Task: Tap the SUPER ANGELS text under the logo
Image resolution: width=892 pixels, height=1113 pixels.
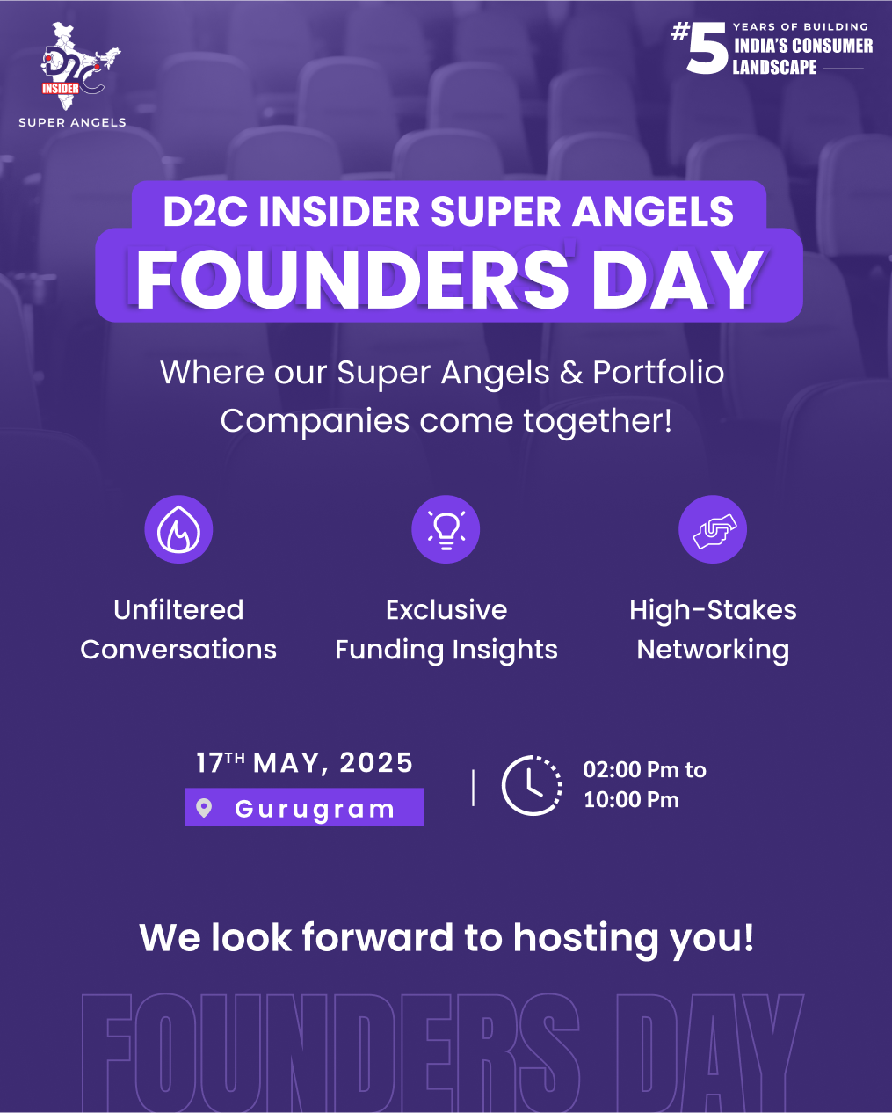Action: [72, 122]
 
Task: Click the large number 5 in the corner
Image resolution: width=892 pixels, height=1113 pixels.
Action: [707, 48]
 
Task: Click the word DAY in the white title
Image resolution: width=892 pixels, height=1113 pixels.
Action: [678, 280]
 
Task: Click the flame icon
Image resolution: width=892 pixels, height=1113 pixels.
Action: [178, 529]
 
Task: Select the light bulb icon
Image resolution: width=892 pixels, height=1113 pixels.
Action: [446, 529]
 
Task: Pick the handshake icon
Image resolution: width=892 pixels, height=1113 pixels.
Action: [713, 529]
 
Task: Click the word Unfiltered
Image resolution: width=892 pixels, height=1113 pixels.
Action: [178, 610]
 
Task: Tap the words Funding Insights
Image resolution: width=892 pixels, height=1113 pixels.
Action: [446, 650]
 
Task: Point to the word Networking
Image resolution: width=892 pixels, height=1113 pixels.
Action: [713, 650]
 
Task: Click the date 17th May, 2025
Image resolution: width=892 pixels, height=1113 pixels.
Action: [305, 763]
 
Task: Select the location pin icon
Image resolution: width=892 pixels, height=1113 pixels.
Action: [204, 808]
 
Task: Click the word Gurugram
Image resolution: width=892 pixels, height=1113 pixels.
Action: [315, 809]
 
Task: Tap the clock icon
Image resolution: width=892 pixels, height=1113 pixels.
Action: [532, 785]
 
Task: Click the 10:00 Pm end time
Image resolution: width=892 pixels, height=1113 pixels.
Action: [631, 799]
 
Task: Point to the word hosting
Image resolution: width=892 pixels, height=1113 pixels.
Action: [586, 939]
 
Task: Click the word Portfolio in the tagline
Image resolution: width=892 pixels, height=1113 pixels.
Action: [658, 373]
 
